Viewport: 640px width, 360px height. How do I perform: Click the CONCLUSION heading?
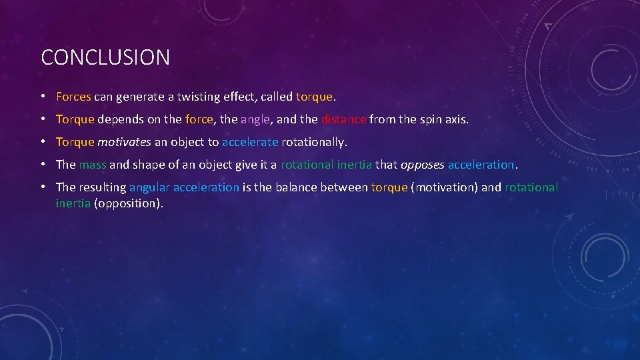(x=105, y=57)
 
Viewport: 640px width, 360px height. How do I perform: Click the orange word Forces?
(x=73, y=97)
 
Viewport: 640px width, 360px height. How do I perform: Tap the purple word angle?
(x=255, y=120)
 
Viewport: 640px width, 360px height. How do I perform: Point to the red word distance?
(x=343, y=120)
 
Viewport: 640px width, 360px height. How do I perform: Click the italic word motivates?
(x=124, y=142)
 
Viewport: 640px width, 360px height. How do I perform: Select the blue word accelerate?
(x=250, y=142)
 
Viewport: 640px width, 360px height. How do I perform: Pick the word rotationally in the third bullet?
(x=314, y=142)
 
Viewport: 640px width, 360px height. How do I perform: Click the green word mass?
(x=93, y=165)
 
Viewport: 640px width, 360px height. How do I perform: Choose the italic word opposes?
(x=422, y=165)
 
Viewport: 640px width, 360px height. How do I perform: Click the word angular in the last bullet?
(x=149, y=187)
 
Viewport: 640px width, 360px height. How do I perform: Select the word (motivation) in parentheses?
(x=445, y=187)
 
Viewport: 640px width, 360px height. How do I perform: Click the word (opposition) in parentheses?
(x=129, y=203)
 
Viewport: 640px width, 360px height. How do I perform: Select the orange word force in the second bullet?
(x=199, y=120)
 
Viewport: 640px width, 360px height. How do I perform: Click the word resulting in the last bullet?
(x=102, y=187)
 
